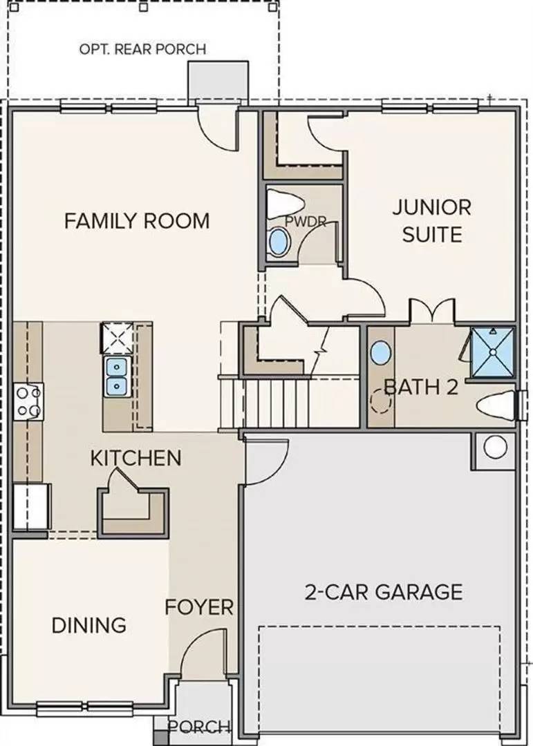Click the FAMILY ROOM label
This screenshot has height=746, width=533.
point(137,221)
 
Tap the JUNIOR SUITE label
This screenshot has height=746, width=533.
point(431,221)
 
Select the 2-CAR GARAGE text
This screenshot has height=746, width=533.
point(384,593)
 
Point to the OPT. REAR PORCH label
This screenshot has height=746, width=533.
point(142,49)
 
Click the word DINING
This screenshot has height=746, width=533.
point(89,625)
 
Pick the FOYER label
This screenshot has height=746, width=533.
point(199,608)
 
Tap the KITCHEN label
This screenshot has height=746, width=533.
point(135,458)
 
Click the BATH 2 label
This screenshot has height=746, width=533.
point(421,388)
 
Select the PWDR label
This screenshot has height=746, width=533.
point(306,221)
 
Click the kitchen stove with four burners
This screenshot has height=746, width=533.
point(28,401)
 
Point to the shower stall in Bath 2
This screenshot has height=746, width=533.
point(492,352)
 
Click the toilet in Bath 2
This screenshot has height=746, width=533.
point(496,406)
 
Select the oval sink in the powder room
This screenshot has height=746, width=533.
point(279,242)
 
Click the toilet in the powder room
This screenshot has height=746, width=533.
point(285,203)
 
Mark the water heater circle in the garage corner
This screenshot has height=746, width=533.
point(496,447)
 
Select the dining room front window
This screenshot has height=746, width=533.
point(85,709)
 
